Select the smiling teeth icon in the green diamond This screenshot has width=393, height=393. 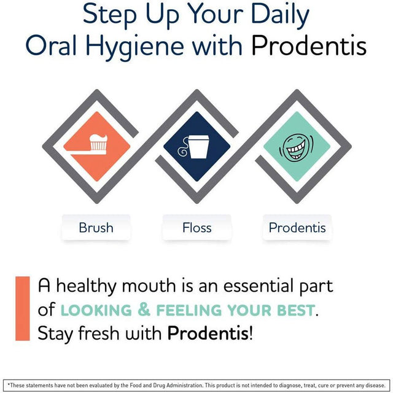click(x=297, y=145)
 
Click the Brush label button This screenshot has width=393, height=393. click(x=96, y=228)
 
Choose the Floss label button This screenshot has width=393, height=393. click(x=196, y=228)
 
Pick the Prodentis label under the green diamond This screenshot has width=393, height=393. click(x=297, y=228)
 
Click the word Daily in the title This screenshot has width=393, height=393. click(x=276, y=15)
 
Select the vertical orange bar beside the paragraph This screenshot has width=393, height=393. click(x=23, y=308)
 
